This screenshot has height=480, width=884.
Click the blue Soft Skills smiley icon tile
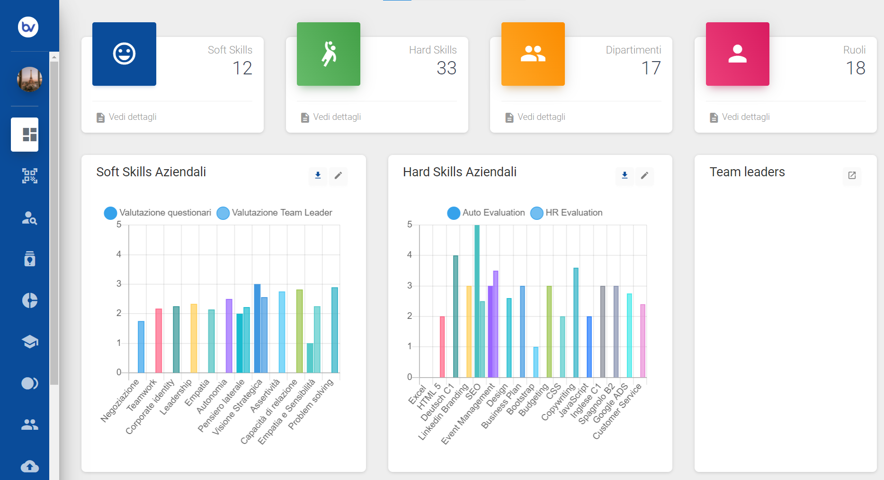click(124, 54)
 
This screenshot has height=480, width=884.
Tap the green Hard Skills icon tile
click(329, 54)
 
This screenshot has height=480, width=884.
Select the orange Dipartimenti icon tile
click(533, 54)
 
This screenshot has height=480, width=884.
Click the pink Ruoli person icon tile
click(738, 54)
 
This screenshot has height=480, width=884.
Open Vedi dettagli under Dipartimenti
click(541, 117)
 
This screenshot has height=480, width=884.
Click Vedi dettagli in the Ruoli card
click(746, 117)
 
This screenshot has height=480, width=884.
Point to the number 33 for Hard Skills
click(446, 68)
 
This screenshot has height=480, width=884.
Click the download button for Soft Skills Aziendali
click(318, 175)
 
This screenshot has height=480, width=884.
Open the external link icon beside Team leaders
click(852, 175)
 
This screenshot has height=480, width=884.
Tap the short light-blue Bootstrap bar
click(536, 362)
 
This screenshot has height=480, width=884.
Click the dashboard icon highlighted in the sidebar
click(25, 135)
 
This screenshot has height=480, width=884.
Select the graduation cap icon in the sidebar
click(30, 342)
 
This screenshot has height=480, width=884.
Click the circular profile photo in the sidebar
click(29, 79)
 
